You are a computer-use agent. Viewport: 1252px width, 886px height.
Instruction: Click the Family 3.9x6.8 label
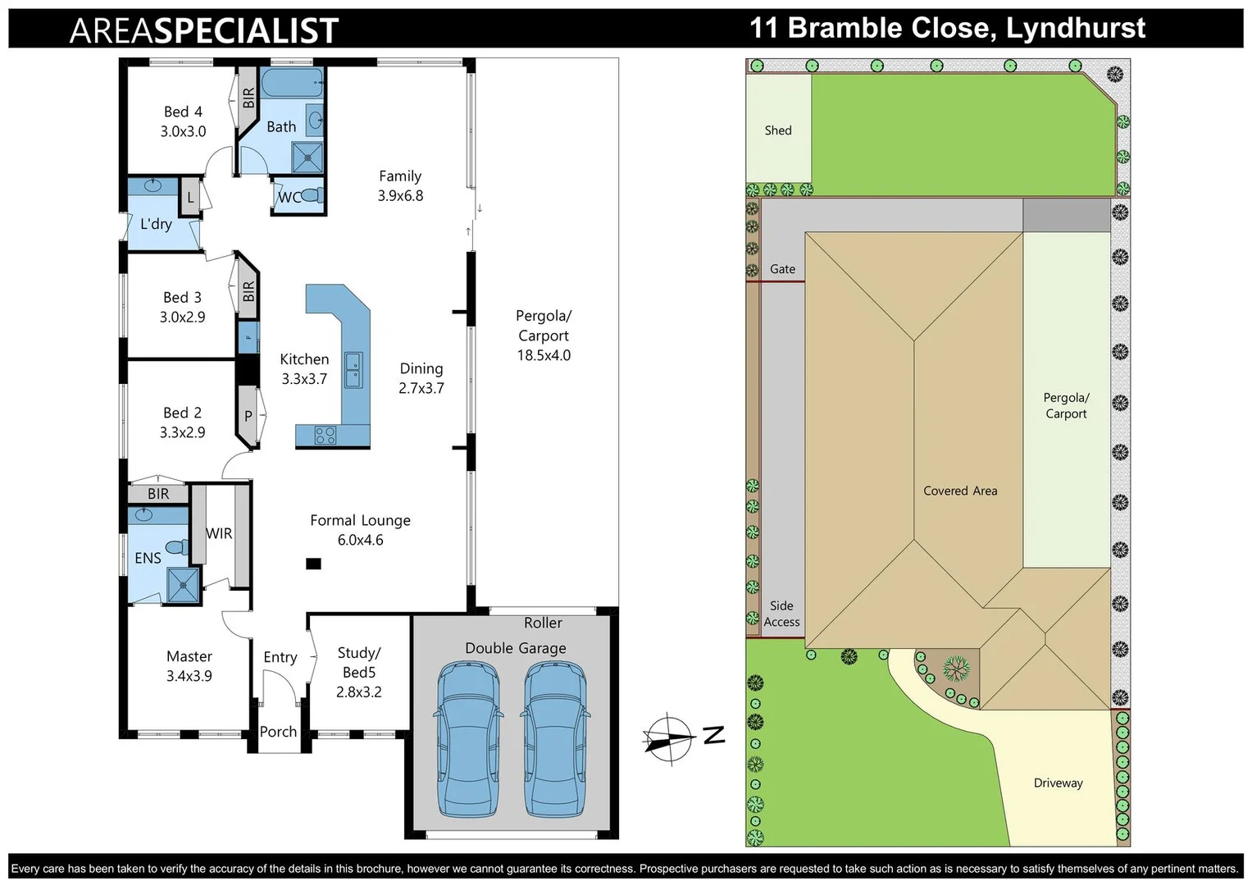coord(400,185)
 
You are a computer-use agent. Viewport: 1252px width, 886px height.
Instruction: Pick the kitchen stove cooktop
coord(326,436)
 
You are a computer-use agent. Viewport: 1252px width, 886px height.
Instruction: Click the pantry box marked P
coord(248,416)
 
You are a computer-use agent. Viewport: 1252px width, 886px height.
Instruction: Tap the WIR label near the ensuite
coord(219,533)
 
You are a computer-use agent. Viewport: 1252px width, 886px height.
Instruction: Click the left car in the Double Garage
coord(467,738)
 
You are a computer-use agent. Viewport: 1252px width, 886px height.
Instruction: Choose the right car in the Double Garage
coord(554,738)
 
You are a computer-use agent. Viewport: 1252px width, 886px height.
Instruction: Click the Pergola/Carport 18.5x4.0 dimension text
coord(544,355)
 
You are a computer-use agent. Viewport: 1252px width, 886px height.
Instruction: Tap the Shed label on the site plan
coord(778,130)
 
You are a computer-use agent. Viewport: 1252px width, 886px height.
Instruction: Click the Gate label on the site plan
coord(782,269)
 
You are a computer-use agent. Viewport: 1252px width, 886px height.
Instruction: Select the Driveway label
coord(1058,783)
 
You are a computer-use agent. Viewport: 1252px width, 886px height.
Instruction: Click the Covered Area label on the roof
coord(960,491)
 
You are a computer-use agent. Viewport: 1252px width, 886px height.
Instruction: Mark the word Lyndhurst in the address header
coord(1076,29)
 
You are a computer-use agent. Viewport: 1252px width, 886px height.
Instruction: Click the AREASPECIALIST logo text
coord(204,31)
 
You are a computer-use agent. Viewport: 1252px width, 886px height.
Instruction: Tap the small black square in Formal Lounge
coord(313,564)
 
